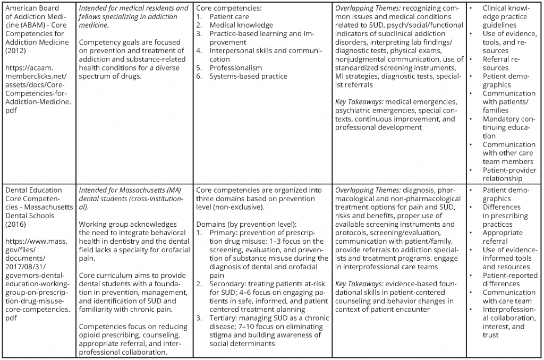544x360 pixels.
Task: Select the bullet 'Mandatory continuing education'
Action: coord(509,127)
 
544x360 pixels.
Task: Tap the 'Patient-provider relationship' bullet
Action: coord(509,174)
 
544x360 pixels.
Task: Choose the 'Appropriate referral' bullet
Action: coord(503,237)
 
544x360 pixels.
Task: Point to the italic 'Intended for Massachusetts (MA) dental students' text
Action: coord(133,194)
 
